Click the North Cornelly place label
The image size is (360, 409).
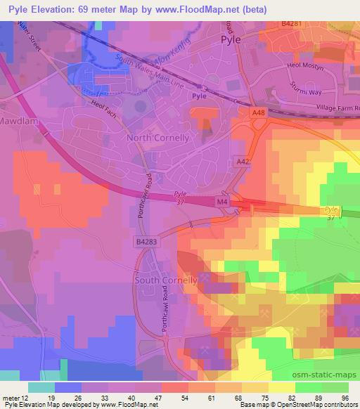tap(157, 138)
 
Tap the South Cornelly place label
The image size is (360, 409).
tap(165, 280)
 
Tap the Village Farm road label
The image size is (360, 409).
tap(333, 108)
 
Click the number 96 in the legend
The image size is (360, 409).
tap(346, 397)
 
